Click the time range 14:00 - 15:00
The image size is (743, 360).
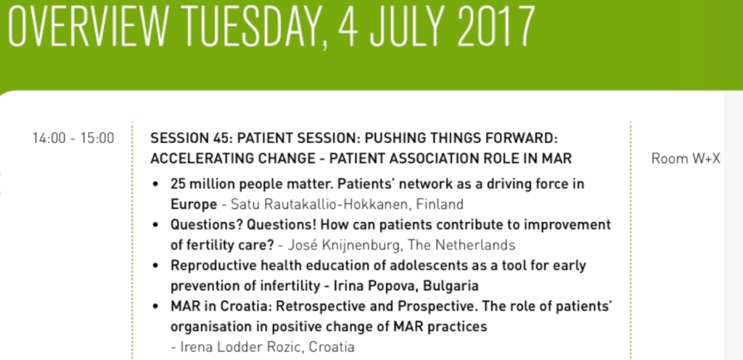tap(73, 139)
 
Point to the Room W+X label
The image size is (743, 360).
tap(686, 159)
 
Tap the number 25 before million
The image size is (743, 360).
tap(177, 184)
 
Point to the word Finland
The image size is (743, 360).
tap(440, 205)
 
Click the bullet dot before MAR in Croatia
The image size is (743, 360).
tap(155, 307)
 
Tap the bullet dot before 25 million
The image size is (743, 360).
tap(155, 184)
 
